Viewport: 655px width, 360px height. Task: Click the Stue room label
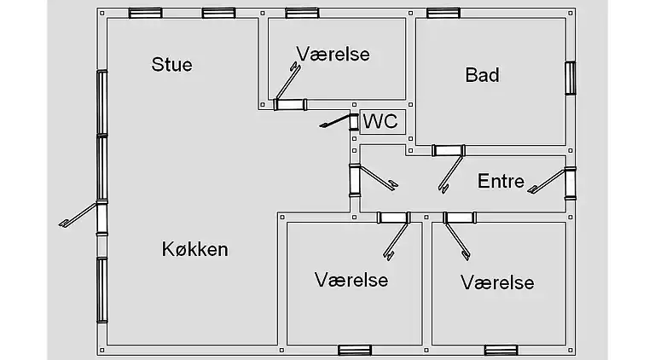[x=171, y=64]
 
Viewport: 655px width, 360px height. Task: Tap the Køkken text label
[x=195, y=249]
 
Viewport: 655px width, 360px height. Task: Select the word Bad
[x=482, y=75]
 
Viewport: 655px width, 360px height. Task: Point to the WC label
[x=380, y=122]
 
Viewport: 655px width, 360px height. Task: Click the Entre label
[x=501, y=181]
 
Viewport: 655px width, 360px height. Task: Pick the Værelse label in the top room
[x=333, y=54]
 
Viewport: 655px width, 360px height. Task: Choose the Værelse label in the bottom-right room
[x=497, y=282]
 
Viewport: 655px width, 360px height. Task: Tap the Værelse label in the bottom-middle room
[x=351, y=280]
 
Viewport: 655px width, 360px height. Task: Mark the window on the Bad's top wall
[x=443, y=13]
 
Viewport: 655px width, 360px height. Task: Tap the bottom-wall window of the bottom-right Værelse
[x=501, y=350]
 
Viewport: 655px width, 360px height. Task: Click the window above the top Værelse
[x=302, y=13]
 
